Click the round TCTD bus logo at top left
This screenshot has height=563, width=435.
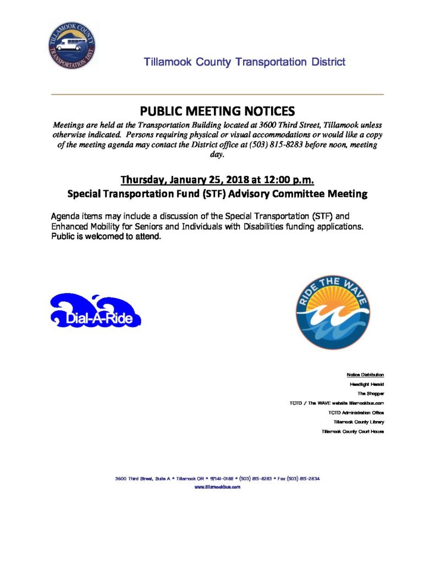click(71, 46)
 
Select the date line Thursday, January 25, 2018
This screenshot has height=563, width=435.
click(217, 180)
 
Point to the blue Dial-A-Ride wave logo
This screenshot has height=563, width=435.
click(95, 311)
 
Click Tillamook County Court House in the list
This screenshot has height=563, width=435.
click(353, 432)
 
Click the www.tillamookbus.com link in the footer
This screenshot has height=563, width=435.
click(217, 488)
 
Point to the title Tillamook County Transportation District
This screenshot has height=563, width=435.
click(245, 62)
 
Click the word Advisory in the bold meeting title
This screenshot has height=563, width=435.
click(262, 194)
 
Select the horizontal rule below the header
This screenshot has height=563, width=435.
click(217, 95)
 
